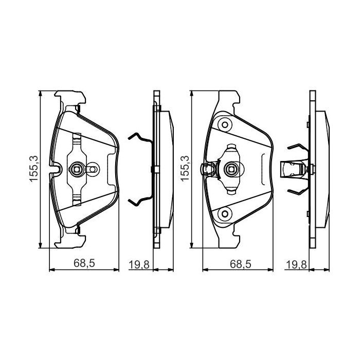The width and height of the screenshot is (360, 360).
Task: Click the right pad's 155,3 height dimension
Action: click(x=184, y=168)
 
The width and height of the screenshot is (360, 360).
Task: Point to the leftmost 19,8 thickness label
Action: click(x=138, y=264)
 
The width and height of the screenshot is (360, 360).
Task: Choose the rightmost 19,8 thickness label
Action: click(x=296, y=264)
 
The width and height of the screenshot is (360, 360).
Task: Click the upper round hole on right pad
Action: click(x=224, y=124)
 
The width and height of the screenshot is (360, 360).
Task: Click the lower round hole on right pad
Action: click(x=224, y=213)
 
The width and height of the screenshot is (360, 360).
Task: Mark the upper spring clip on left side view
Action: click(x=139, y=138)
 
